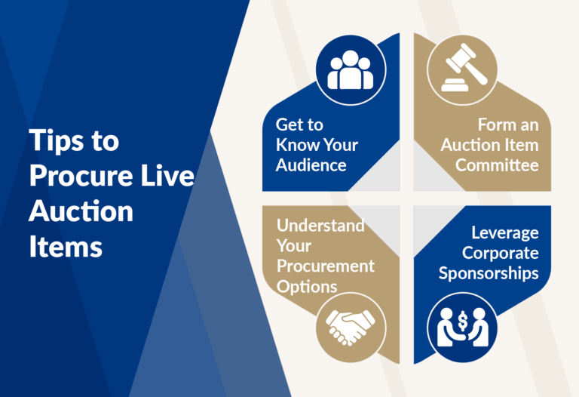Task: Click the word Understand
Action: coord(320,226)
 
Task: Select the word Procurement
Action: coord(325,266)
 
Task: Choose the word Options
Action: coord(307,286)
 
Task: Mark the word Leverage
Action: coord(505,233)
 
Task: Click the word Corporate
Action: coord(501,253)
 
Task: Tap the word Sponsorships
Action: coord(489,272)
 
